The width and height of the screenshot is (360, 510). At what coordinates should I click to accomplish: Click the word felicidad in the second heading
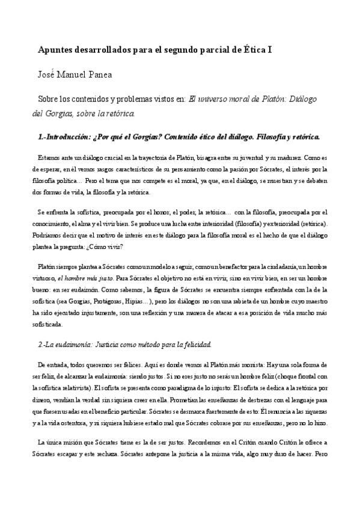tap(195, 345)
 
